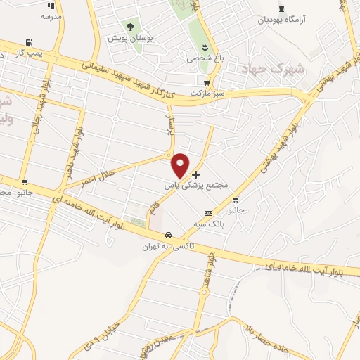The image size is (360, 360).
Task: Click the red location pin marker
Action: (x=181, y=165)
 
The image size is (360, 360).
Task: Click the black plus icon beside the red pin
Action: (x=195, y=174)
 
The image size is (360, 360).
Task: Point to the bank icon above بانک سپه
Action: (x=208, y=213)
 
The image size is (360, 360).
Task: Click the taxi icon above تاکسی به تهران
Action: (x=168, y=235)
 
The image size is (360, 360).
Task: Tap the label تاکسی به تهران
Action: (x=162, y=246)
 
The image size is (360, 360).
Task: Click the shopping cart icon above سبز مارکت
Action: (x=206, y=82)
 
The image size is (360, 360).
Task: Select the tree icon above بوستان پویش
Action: (x=130, y=27)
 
